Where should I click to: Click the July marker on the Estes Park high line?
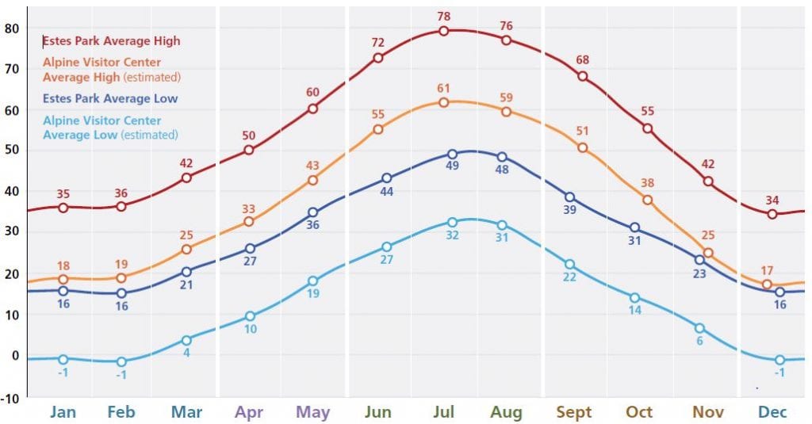coord(443,31)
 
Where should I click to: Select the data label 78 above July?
coord(443,17)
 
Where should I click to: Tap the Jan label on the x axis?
coord(63,412)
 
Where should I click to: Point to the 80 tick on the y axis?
coord(11,28)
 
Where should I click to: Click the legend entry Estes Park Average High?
coord(112,41)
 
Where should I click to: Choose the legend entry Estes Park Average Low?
coord(110,99)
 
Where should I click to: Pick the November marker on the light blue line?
coord(699,328)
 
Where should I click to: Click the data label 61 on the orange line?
coord(443,88)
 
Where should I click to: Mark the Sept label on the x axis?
coord(573,412)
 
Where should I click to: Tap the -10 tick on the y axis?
coord(10,397)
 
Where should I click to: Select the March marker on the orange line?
coord(186,249)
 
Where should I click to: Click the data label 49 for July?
coord(453,166)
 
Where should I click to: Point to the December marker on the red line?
coord(772,214)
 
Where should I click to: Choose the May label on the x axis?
coord(312,412)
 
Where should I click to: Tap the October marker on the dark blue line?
coord(634,228)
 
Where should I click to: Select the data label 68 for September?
coord(582,60)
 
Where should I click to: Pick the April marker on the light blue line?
coord(250,316)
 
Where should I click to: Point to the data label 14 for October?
coord(634,311)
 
